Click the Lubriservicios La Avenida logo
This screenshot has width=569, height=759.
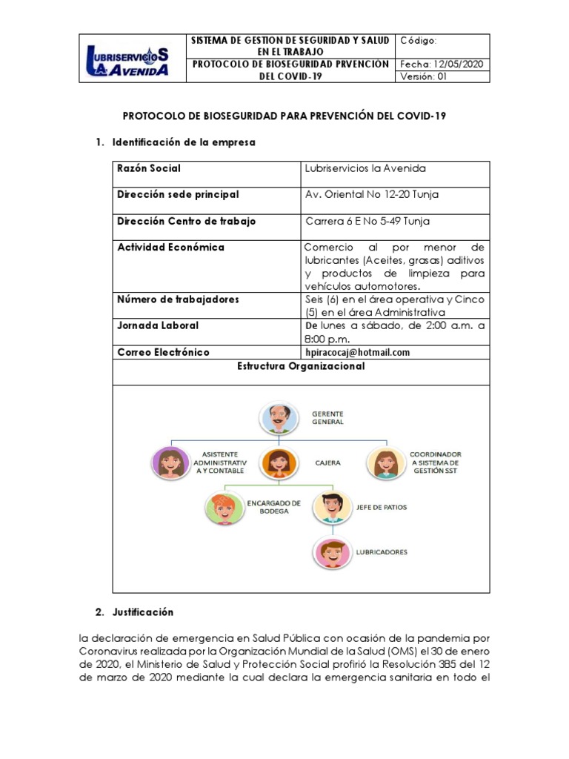127,59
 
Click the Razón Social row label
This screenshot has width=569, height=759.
149,169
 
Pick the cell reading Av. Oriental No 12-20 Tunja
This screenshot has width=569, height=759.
367,195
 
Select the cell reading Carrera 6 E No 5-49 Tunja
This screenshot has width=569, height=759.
367,221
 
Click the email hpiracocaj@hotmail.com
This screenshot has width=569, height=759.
357,353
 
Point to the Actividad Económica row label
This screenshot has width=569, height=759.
171,248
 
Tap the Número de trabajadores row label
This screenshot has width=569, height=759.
178,299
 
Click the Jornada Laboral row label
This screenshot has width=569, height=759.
158,325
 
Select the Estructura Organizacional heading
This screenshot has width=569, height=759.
300,366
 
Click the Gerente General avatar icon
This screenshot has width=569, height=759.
278,418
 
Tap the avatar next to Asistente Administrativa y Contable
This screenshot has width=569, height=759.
170,463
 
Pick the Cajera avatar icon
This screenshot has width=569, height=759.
278,463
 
